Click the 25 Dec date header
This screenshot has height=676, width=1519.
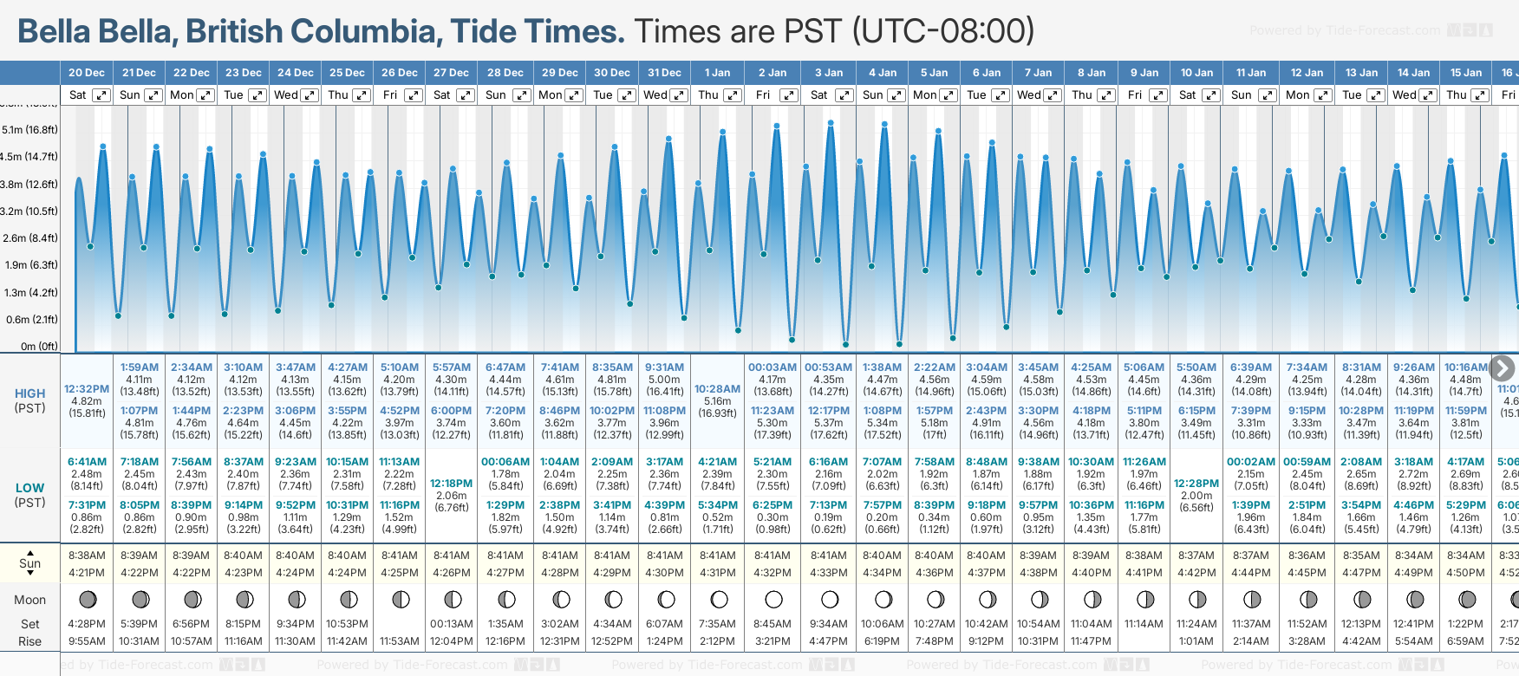coord(347,73)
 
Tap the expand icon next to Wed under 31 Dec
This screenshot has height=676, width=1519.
coord(679,95)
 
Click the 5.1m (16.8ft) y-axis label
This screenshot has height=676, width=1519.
coord(29,130)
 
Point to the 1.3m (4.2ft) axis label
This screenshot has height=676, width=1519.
coord(29,293)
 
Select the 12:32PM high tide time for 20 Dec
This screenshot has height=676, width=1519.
coord(87,389)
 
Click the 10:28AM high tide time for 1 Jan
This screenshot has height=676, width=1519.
coord(718,389)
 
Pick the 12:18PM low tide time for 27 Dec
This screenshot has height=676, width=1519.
coord(452,484)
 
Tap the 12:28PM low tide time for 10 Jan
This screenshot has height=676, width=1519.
coord(1196,484)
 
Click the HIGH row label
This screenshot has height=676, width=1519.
coord(29,393)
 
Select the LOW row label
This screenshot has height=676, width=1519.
coord(29,488)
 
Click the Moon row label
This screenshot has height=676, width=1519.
coord(29,600)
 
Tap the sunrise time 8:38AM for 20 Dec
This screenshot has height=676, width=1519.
coord(87,556)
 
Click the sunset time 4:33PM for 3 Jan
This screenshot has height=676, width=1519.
coord(828,573)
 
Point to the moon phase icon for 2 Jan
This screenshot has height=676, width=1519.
coord(773,600)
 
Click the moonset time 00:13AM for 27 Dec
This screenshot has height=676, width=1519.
coord(452,624)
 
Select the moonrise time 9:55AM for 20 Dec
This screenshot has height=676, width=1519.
coord(87,641)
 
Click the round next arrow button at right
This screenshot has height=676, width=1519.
coord(1503,367)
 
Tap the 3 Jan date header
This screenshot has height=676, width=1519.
coord(828,73)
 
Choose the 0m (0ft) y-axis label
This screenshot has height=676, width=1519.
coord(39,347)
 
